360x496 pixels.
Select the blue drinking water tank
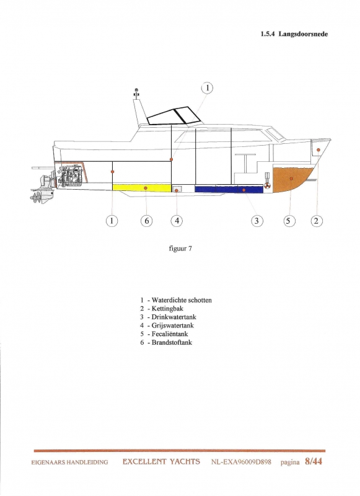tap(229, 189)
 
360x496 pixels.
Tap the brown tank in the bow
tap(291, 179)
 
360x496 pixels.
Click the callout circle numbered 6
tap(146, 221)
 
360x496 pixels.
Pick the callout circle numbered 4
tap(177, 221)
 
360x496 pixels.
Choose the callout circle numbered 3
tap(257, 221)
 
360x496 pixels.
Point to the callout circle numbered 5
tap(288, 221)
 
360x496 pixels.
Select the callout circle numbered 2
tap(317, 221)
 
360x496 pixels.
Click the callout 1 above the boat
tap(208, 88)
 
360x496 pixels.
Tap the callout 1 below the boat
tap(112, 221)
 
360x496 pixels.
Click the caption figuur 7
tap(180, 249)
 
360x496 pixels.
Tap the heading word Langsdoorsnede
tap(303, 34)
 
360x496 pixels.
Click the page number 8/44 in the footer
tap(314, 461)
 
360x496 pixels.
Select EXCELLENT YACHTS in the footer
tap(161, 462)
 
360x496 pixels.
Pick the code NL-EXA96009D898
tap(241, 462)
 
